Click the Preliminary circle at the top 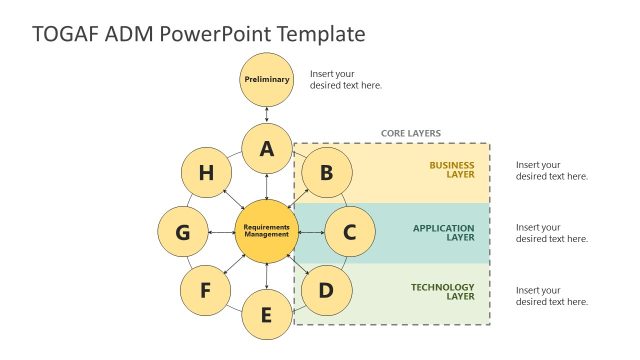point(267,79)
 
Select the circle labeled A point(267,150)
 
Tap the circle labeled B point(326,173)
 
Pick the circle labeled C point(349,232)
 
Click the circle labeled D point(326,291)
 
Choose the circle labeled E point(266,315)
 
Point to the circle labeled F point(206,291)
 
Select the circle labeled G point(183,232)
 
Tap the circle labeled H point(206,173)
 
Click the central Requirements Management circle point(267,232)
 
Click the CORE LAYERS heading point(410,133)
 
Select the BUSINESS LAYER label point(452,170)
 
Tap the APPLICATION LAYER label point(444,232)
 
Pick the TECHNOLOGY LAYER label point(443,293)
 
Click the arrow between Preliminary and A point(267,114)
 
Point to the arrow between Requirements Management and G point(221,232)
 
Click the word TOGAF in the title point(65,34)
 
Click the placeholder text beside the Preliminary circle point(346,79)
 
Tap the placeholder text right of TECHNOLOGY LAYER point(552,295)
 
